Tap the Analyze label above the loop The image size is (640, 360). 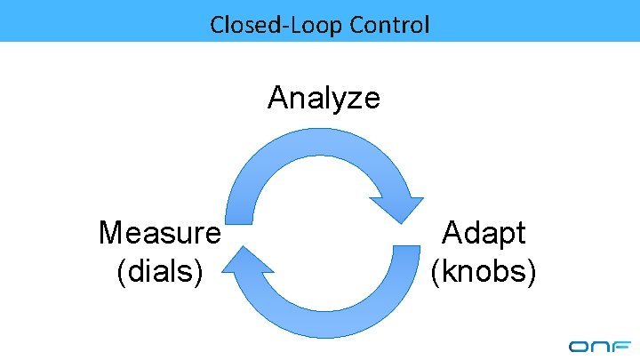pyautogui.click(x=324, y=97)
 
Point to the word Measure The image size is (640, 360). pyautogui.click(x=160, y=233)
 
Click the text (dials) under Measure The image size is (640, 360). pyautogui.click(x=160, y=270)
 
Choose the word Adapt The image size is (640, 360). pyautogui.click(x=484, y=233)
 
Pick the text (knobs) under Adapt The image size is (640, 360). pyautogui.click(x=484, y=270)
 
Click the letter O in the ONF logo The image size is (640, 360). pyautogui.click(x=579, y=347)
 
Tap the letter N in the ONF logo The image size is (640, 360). pyautogui.click(x=601, y=347)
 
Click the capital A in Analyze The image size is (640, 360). pyautogui.click(x=277, y=97)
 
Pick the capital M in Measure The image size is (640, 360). pyautogui.click(x=110, y=233)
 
